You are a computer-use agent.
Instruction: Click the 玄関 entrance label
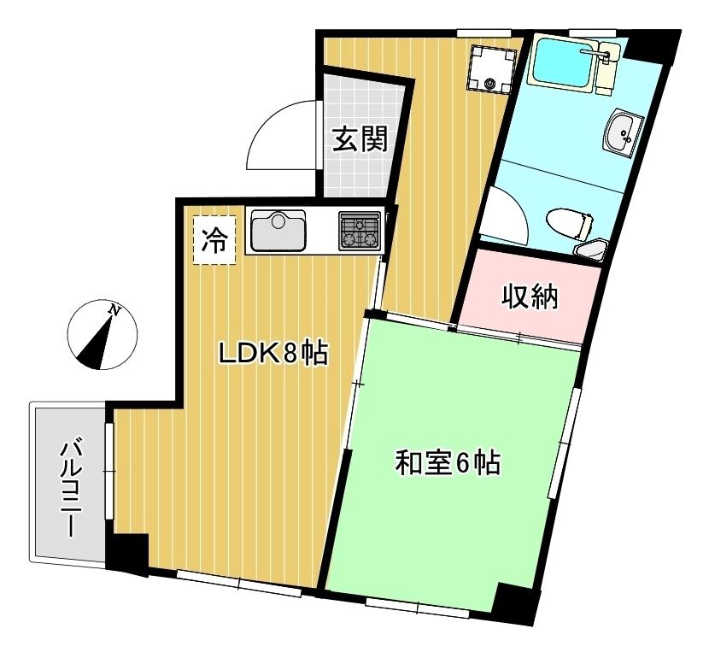click(x=360, y=139)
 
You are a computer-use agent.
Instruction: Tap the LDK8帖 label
click(x=272, y=354)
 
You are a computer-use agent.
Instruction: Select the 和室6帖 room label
click(x=448, y=463)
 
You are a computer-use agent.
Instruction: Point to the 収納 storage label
click(x=530, y=297)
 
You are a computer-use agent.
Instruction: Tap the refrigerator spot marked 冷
click(x=214, y=240)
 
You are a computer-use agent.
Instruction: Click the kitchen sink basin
click(x=278, y=230)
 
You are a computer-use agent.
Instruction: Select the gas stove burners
click(x=360, y=231)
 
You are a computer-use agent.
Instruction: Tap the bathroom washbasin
click(x=623, y=132)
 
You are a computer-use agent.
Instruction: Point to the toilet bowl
click(x=569, y=224)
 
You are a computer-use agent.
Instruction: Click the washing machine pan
click(x=492, y=68)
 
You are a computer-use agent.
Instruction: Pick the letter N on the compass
click(x=115, y=310)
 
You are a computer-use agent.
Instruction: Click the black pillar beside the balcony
click(x=127, y=554)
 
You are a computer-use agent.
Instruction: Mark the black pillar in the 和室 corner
click(x=515, y=603)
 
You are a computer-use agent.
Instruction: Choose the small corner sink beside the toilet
click(x=590, y=250)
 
